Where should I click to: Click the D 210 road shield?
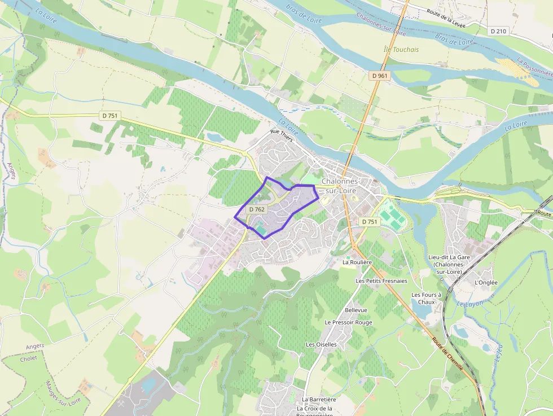pyautogui.click(x=498, y=31)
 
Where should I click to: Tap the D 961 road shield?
pyautogui.click(x=380, y=75)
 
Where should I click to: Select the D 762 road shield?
pyautogui.click(x=256, y=209)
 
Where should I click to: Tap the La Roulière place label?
pyautogui.click(x=357, y=262)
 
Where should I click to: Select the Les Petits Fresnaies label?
pyautogui.click(x=381, y=281)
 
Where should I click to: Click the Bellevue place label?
pyautogui.click(x=356, y=310)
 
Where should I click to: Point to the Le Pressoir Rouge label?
pyautogui.click(x=348, y=322)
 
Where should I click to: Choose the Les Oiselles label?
pyautogui.click(x=321, y=344)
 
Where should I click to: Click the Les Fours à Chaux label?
pyautogui.click(x=424, y=298)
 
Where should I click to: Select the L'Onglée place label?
pyautogui.click(x=486, y=283)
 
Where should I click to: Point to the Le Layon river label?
pyautogui.click(x=467, y=304)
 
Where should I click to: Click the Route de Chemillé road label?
pyautogui.click(x=448, y=354)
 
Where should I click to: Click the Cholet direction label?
pyautogui.click(x=28, y=358)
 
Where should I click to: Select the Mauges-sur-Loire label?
pyautogui.click(x=63, y=392)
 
